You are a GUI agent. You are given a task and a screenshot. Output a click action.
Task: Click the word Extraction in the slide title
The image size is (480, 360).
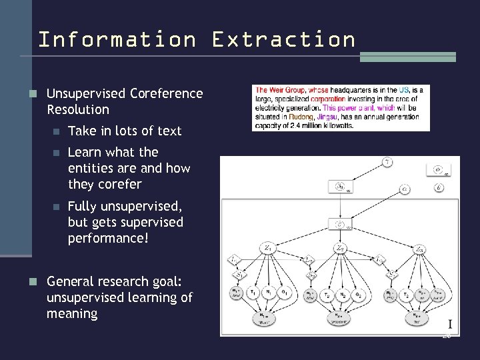[x=284, y=39]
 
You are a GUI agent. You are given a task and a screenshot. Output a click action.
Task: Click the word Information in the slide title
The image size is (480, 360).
[x=117, y=39]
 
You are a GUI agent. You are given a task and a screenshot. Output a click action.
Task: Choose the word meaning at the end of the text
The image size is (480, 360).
[x=72, y=313]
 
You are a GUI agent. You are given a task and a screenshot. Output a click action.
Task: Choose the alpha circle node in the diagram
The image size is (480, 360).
[x=405, y=189]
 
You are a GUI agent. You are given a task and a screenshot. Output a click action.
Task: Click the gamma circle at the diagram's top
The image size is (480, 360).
[x=387, y=162]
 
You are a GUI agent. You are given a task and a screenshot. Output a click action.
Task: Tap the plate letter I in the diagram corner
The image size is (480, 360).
[x=450, y=325]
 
